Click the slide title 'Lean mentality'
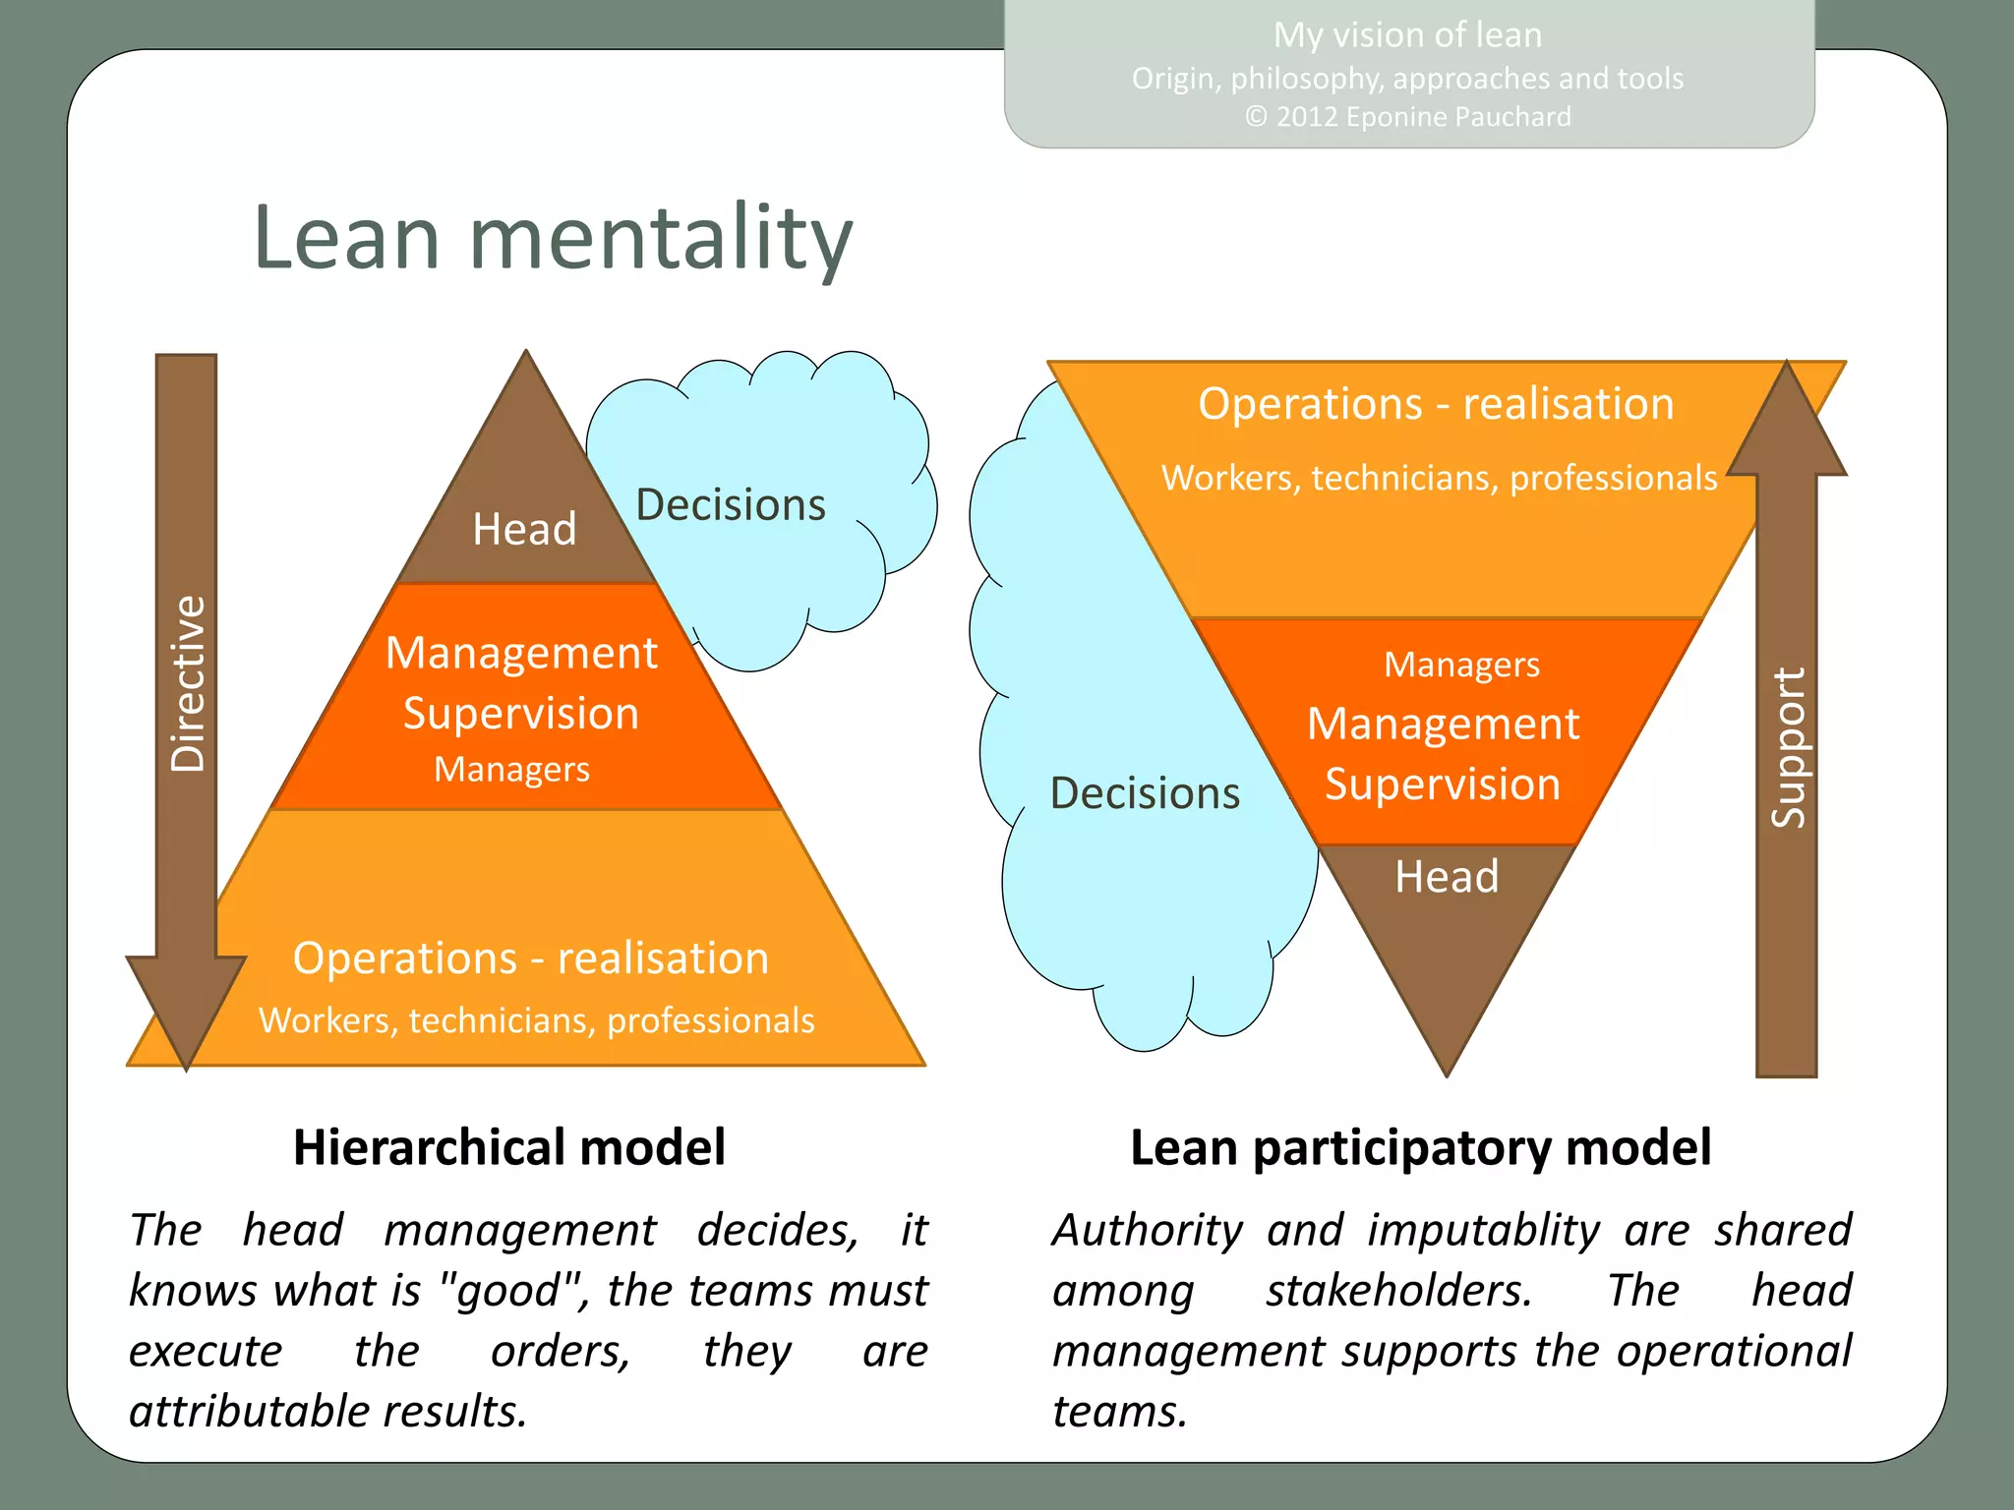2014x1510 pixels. coord(553,238)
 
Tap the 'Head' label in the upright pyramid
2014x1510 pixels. coord(524,529)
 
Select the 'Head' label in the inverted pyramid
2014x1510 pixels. coord(1447,876)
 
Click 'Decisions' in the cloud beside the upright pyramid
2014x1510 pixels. coord(731,505)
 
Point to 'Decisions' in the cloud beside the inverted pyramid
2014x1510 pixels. coord(1145,793)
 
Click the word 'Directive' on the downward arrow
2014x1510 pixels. coord(187,683)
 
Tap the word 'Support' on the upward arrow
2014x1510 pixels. coord(1787,747)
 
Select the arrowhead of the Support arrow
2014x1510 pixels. coord(1787,423)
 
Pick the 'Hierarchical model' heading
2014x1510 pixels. coord(509,1147)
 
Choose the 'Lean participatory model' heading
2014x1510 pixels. coord(1420,1147)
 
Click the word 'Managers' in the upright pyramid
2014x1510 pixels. coord(511,769)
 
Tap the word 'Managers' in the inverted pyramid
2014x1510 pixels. coord(1461,666)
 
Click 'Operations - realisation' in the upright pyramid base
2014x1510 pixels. coord(531,958)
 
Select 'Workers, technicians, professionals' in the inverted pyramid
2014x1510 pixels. coord(1439,478)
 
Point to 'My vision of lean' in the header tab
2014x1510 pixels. coord(1407,35)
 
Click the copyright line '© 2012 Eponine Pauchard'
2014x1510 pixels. coord(1407,117)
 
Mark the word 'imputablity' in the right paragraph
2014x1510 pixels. coord(1483,1230)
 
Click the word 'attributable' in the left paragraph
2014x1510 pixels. coord(248,1412)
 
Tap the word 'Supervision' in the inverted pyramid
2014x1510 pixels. coord(1442,784)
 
